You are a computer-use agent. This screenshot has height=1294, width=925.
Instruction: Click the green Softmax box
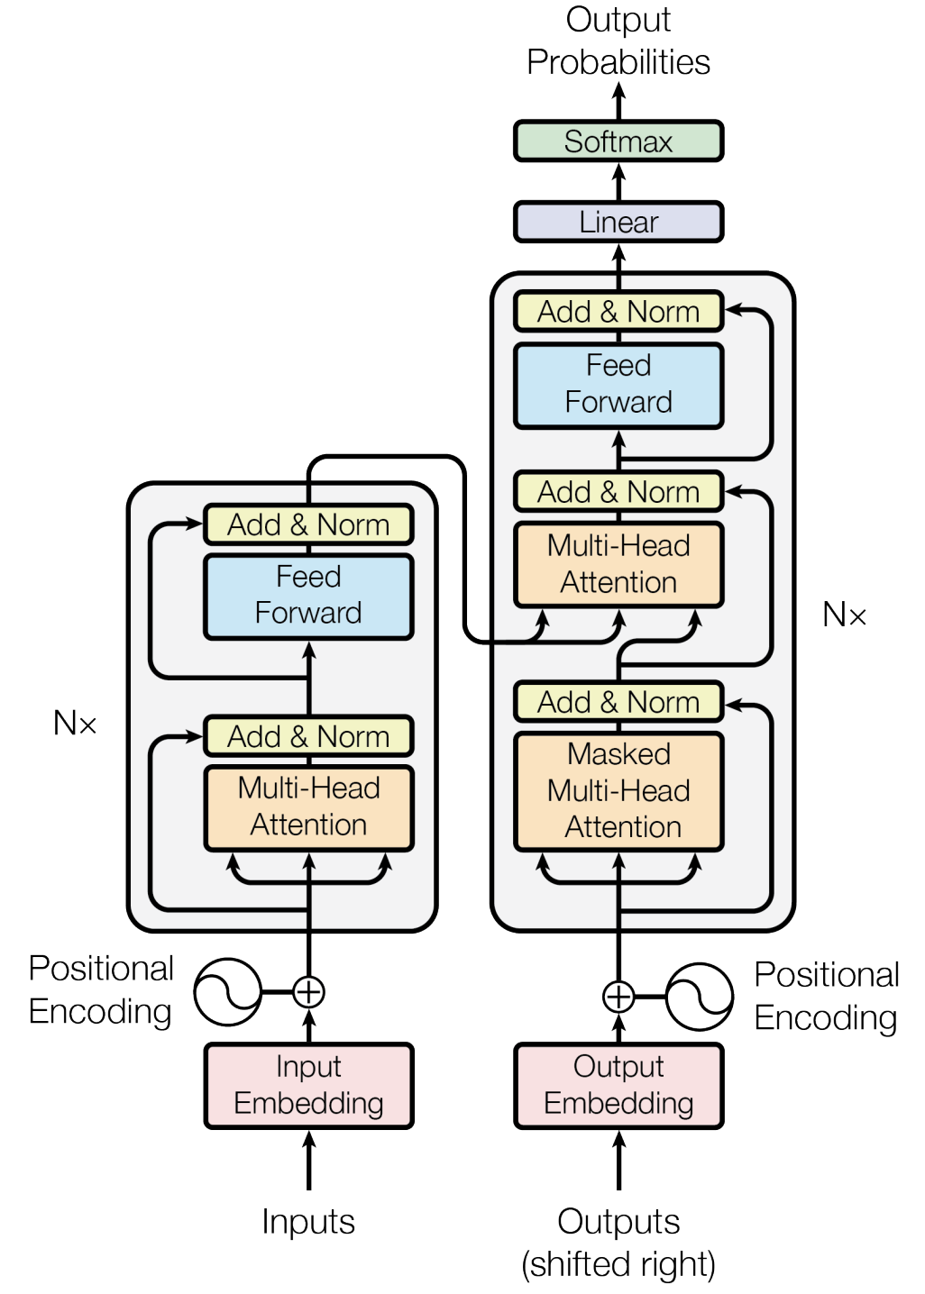click(x=618, y=141)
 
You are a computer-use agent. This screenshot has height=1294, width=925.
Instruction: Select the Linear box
click(x=618, y=222)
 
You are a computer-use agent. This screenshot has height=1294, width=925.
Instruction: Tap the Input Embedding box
click(x=308, y=1085)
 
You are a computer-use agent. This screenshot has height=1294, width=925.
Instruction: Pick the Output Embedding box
click(x=618, y=1085)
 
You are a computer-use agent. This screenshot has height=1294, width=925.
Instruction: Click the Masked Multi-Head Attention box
click(x=618, y=791)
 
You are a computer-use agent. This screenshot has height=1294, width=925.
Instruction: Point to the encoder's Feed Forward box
click(x=308, y=596)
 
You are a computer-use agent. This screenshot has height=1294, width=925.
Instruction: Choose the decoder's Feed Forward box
click(x=618, y=384)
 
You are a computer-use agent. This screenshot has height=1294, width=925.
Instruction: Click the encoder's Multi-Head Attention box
click(x=308, y=806)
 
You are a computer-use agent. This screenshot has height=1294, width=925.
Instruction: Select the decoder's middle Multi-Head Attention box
click(x=618, y=564)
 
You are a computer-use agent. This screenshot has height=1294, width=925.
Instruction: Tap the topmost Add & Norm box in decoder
click(x=618, y=312)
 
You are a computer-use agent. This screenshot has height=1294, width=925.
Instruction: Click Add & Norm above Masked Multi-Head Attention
click(x=618, y=702)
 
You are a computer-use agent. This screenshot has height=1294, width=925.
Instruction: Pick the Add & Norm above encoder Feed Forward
click(x=308, y=524)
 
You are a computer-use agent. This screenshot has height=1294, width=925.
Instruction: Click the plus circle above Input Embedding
click(x=308, y=992)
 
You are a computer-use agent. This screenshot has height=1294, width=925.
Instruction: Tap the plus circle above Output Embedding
click(x=618, y=997)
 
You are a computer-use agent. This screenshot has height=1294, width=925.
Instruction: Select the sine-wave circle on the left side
click(x=228, y=992)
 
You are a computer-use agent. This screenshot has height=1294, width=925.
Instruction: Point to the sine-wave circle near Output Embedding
click(x=700, y=997)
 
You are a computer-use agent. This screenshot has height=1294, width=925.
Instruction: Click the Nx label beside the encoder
click(x=75, y=723)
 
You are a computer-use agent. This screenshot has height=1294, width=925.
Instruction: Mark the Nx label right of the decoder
click(x=845, y=615)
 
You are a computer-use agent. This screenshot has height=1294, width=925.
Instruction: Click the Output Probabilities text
click(x=618, y=41)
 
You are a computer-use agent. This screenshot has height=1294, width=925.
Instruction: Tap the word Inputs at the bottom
click(x=308, y=1222)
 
